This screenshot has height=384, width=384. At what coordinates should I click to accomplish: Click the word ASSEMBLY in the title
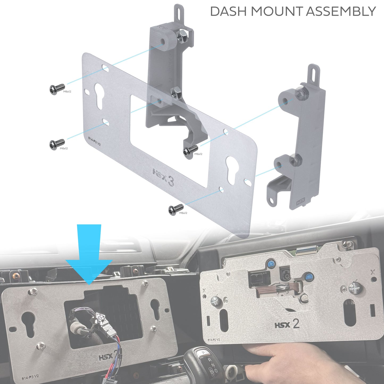(x=341, y=11)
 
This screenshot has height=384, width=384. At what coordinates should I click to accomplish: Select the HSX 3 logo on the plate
(x=163, y=177)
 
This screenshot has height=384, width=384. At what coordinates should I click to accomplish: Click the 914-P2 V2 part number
(x=214, y=340)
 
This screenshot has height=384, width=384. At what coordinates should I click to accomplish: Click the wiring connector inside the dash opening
(x=100, y=319)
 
